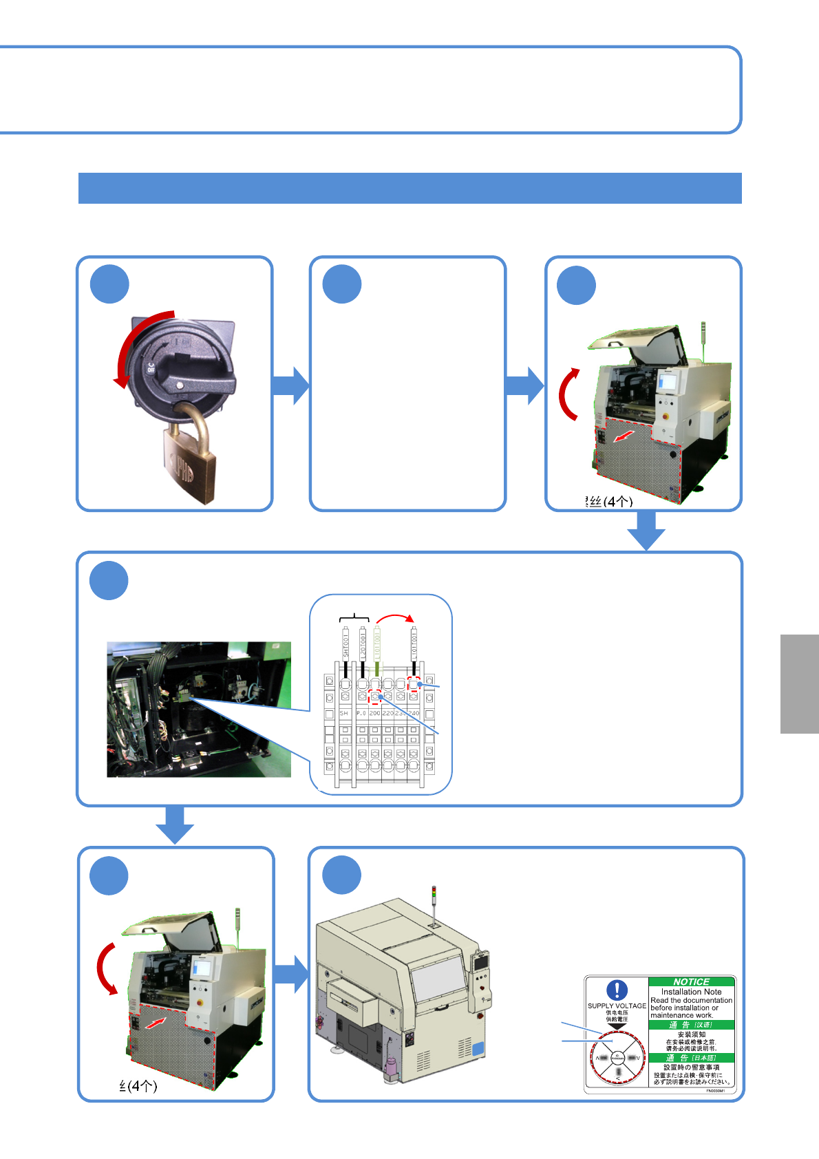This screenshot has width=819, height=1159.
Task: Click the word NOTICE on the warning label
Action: [x=691, y=981]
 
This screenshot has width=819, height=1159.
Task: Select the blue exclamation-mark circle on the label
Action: [x=617, y=990]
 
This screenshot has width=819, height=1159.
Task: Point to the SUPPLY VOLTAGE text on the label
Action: [x=617, y=1006]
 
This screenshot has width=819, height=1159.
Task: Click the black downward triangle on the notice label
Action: [x=617, y=1026]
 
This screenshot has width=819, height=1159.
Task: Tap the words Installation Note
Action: [x=691, y=992]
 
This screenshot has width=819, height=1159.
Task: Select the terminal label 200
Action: [x=374, y=714]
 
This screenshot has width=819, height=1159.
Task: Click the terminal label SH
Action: [x=343, y=714]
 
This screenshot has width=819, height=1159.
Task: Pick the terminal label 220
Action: [x=387, y=714]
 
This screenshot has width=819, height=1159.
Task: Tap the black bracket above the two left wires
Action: [x=354, y=615]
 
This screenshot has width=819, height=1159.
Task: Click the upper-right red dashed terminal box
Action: [x=414, y=683]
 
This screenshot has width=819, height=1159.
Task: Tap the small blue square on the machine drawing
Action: [x=478, y=1050]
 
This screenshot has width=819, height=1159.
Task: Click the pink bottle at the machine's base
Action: [x=391, y=1068]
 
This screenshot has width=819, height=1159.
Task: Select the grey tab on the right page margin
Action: [x=799, y=683]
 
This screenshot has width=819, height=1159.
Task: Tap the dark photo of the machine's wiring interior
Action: [x=199, y=710]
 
